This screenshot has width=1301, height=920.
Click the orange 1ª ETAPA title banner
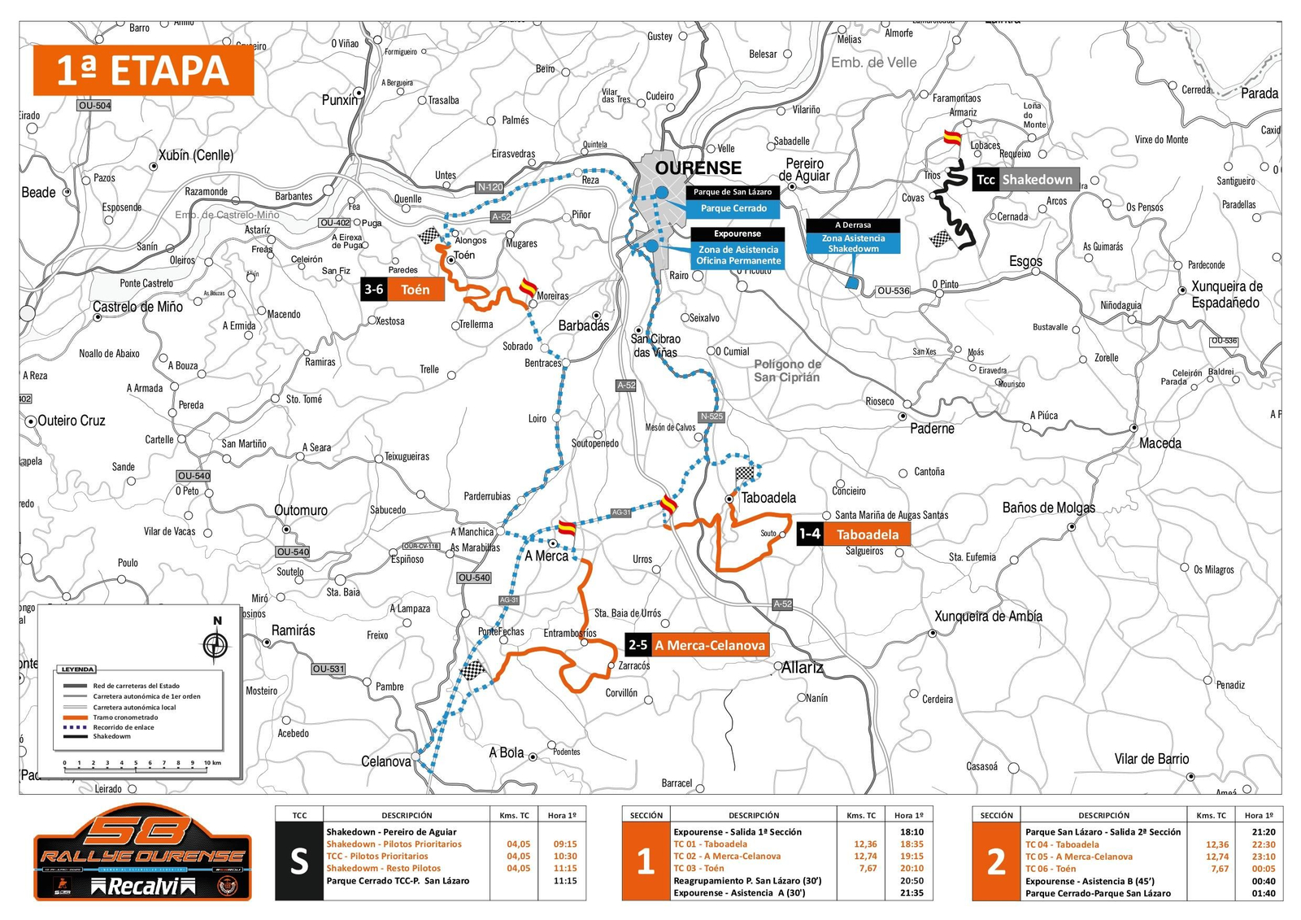click(x=143, y=71)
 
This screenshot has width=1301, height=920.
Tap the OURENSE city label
click(x=698, y=168)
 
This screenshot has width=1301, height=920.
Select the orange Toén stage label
click(x=415, y=290)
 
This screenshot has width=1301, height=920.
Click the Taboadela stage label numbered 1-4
click(x=867, y=534)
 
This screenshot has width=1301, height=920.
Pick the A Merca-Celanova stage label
click(x=709, y=646)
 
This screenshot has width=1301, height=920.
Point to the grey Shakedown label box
click(x=1037, y=180)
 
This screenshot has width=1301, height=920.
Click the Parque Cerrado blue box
click(x=733, y=208)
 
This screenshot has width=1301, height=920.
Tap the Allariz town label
click(x=802, y=668)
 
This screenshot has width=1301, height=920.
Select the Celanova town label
click(x=385, y=761)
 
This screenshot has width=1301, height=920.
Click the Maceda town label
click(x=1160, y=443)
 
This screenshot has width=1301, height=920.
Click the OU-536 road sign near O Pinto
click(x=893, y=290)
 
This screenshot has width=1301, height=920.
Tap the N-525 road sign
click(x=711, y=416)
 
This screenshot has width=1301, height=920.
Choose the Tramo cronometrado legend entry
click(x=125, y=717)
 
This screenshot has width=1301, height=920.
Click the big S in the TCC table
click(x=299, y=861)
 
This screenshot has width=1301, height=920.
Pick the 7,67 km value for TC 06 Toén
click(x=1219, y=869)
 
